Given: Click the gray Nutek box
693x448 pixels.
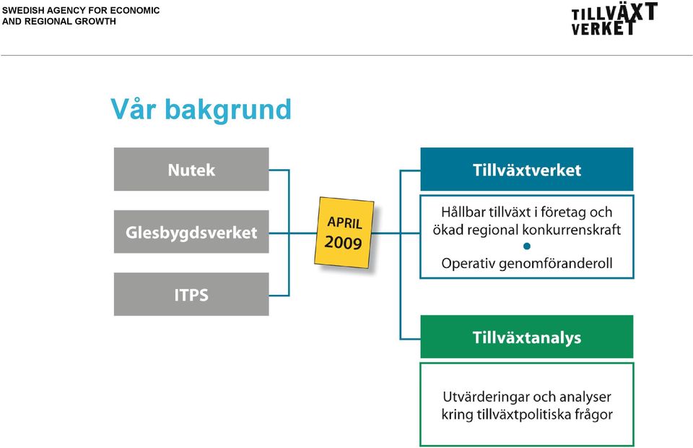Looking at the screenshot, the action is point(191,169).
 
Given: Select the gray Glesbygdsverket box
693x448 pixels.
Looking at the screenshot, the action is point(191,232).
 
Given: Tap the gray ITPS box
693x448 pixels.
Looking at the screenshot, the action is point(191,294).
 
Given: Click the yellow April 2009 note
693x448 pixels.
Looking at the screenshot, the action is point(344,233).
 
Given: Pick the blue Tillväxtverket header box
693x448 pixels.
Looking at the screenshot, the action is point(527,169).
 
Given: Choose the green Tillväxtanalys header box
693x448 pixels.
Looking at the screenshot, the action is point(527,337).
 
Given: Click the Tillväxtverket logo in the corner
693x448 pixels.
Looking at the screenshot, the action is point(614,19).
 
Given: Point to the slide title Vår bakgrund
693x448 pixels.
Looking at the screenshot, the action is point(201,109).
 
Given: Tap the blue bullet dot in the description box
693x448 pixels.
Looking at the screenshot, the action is point(527,246).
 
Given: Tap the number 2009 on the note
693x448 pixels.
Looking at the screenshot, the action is point(344,242).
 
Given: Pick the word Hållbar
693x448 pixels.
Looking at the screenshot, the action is point(461,212).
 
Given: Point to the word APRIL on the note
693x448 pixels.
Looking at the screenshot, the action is point(345,223).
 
